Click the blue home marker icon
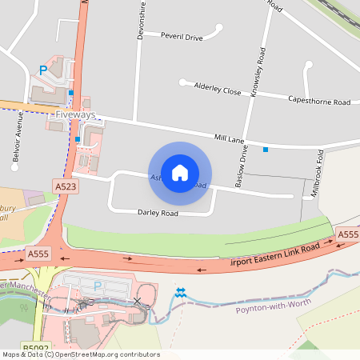pos(180,173)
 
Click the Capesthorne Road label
pos(319,102)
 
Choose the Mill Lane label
pos(228,138)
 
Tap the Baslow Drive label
pos(243,166)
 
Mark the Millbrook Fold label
pos(318,170)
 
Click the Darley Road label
pos(158,213)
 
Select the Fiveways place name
pos(75,115)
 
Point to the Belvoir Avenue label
pos(16,137)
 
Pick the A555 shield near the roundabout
pos(38,254)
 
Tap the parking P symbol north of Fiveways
pos(42,70)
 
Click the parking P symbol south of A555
pos(98,285)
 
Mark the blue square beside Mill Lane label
pos(266,149)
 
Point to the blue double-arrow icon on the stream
pos(180,292)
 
